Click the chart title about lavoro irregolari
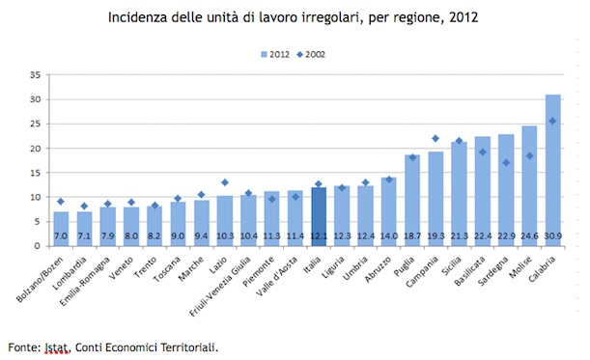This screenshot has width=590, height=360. (295, 16)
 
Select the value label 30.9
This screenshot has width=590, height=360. (553, 235)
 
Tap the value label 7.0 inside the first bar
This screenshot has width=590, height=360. (61, 235)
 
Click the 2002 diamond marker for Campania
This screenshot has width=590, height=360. (435, 138)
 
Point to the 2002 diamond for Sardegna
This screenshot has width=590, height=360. (506, 162)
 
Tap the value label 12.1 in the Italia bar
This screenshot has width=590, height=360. (318, 235)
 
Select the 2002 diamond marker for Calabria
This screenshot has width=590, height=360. (553, 121)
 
